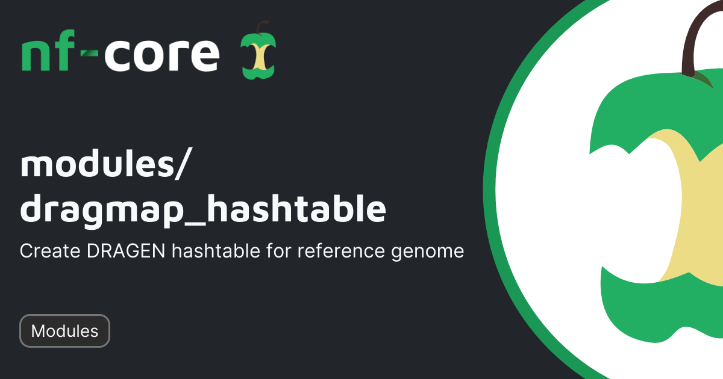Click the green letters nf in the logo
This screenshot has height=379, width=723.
pos(48,51)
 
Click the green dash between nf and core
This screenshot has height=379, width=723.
pos(89,53)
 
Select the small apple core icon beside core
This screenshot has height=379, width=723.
pos(258,51)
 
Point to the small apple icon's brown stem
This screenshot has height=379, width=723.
pos(261,26)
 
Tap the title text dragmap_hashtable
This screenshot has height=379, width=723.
pos(203,209)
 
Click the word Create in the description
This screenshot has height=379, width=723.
pos(50,251)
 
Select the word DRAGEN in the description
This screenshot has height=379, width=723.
pos(126,251)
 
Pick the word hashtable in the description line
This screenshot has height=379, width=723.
pos(216,251)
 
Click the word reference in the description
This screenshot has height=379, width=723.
pos(341,251)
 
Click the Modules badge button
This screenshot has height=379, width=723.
pos(64,331)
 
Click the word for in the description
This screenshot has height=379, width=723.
pos(278,251)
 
